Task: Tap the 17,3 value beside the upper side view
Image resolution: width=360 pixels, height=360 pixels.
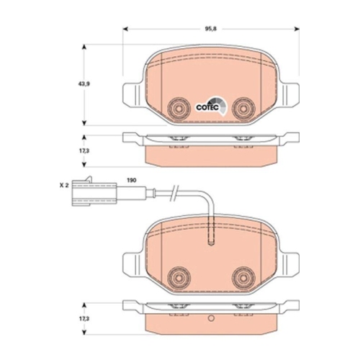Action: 84,150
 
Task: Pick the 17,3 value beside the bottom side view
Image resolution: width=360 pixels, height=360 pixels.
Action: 84,318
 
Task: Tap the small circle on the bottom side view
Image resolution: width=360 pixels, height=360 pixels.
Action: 210,318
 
